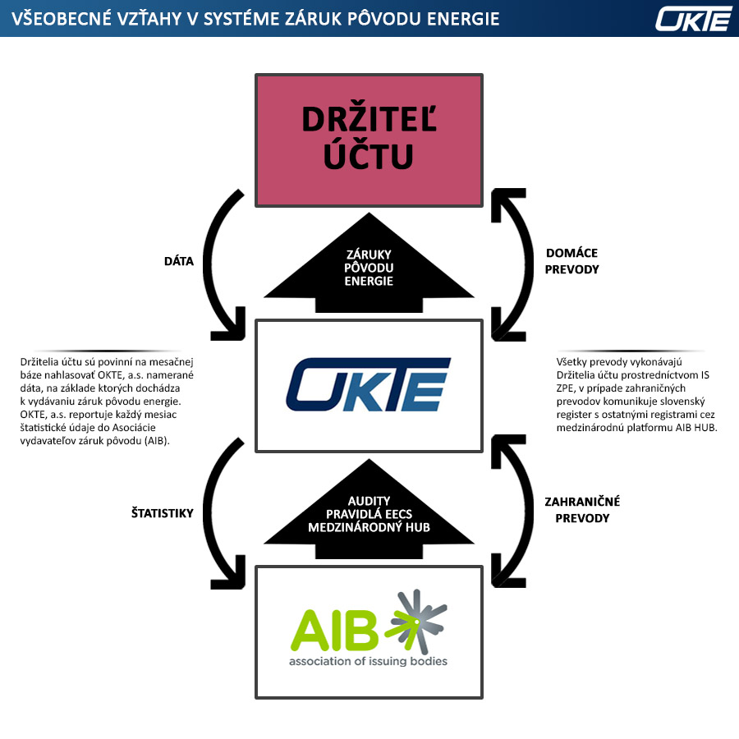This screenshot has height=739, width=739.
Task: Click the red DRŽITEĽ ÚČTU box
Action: point(369,140)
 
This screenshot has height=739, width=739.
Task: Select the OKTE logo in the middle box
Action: point(369,384)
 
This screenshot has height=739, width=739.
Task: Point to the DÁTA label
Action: point(178,261)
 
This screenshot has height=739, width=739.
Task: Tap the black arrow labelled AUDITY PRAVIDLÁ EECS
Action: point(369,513)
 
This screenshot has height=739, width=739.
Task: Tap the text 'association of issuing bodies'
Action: point(368,660)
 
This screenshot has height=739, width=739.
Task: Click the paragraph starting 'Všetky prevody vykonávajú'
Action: point(636,394)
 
